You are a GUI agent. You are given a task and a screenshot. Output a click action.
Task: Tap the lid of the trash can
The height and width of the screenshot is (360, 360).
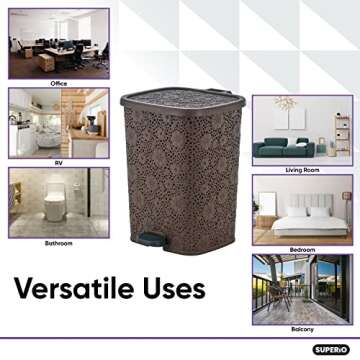[x=180, y=100]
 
